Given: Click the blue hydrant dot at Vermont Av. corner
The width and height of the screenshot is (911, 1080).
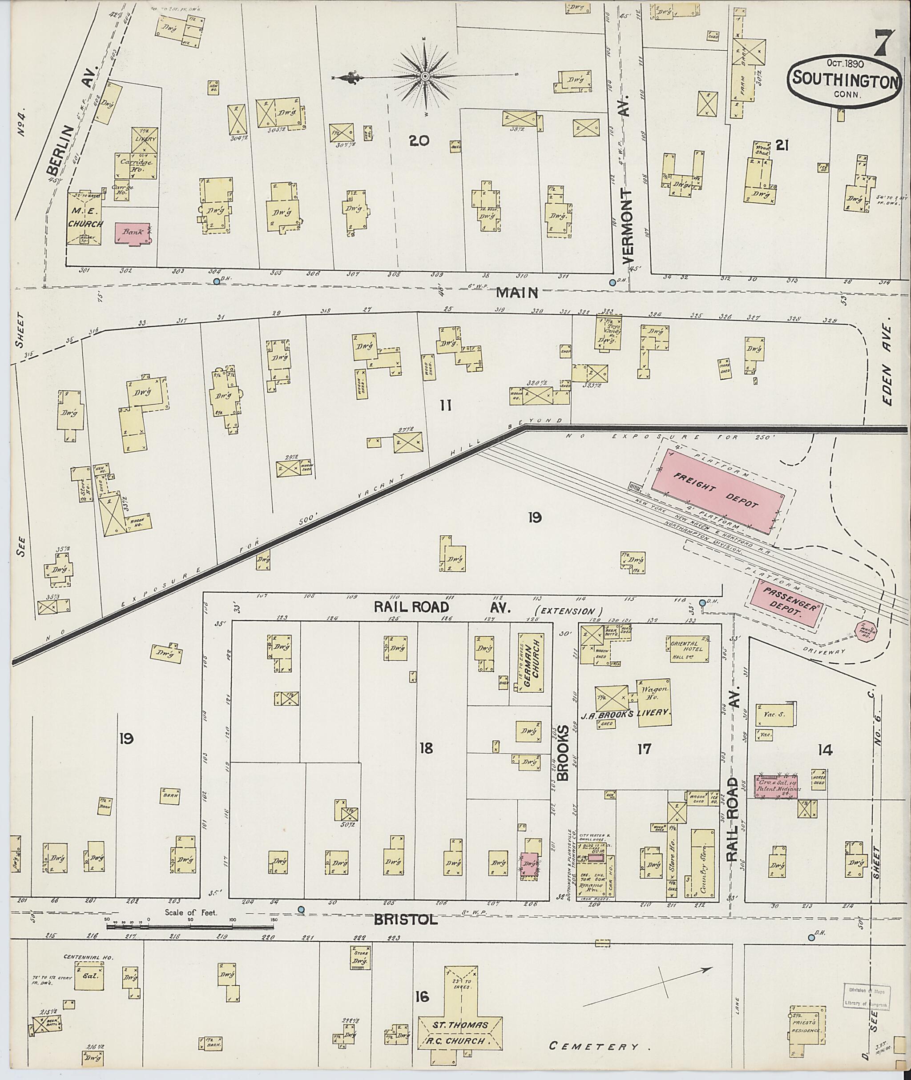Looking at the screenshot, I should tap(613, 282).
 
